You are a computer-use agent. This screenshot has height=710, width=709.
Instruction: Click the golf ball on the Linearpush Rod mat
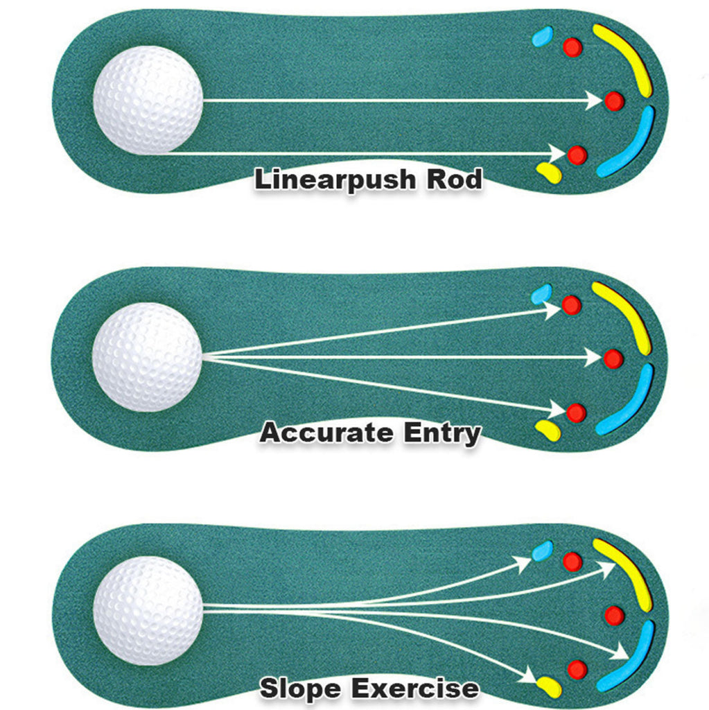pos(148,100)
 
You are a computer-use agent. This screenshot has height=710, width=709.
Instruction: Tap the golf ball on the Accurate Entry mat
pos(147,356)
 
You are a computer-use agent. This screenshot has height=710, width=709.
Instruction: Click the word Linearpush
pos(327,180)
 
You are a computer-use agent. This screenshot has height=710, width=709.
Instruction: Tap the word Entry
pos(442,434)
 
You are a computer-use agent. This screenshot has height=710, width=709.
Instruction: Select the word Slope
pos(300,689)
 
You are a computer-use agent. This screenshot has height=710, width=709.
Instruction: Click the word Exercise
pos(414,689)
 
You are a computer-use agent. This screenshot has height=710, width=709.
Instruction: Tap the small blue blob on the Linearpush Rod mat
pos(542,36)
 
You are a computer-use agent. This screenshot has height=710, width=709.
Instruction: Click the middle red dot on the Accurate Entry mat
pos(613,358)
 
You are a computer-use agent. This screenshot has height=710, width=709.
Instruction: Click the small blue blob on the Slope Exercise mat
pos(542,551)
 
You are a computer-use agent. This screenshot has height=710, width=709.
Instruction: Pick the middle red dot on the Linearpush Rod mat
pos(614,101)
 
